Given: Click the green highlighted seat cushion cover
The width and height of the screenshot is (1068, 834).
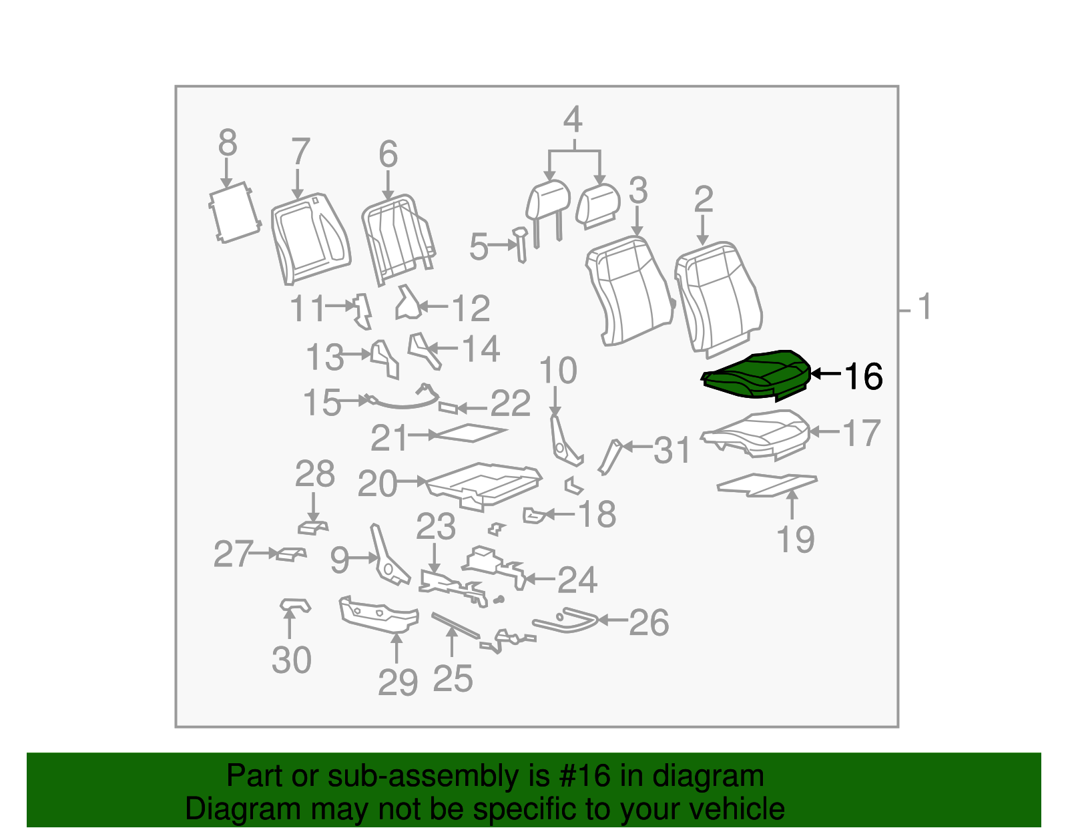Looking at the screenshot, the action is [756, 375].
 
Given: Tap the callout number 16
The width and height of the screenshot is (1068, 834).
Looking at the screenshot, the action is [863, 377].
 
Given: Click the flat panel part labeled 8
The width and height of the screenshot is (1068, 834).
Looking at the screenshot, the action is [234, 212].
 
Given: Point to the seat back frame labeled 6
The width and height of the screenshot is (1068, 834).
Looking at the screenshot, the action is [398, 239].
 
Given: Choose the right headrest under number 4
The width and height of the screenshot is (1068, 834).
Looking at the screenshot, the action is [597, 206].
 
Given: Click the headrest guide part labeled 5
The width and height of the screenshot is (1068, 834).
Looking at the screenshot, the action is [520, 244].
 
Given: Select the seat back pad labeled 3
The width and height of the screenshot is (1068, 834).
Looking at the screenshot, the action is [630, 290].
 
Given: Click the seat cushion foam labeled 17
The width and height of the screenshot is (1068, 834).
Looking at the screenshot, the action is [756, 435].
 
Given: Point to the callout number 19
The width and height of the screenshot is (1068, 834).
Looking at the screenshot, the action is [796, 539].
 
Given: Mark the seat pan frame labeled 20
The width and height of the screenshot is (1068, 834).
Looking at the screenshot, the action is [484, 486].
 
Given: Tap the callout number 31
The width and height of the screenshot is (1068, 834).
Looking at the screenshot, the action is [672, 450].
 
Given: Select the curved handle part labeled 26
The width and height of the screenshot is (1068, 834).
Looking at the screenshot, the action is [565, 620].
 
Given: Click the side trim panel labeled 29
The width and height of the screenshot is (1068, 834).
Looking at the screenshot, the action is [378, 614].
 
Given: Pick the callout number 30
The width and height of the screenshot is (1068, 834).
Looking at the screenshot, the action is [292, 660].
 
